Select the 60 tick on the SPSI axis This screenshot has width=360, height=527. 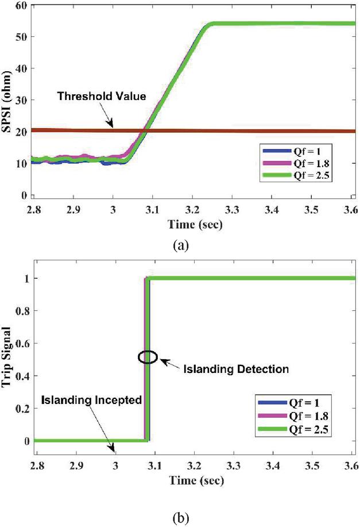pos(22,6)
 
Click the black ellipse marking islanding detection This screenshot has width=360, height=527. pos(148,357)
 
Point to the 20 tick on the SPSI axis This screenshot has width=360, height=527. pos(22,131)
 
